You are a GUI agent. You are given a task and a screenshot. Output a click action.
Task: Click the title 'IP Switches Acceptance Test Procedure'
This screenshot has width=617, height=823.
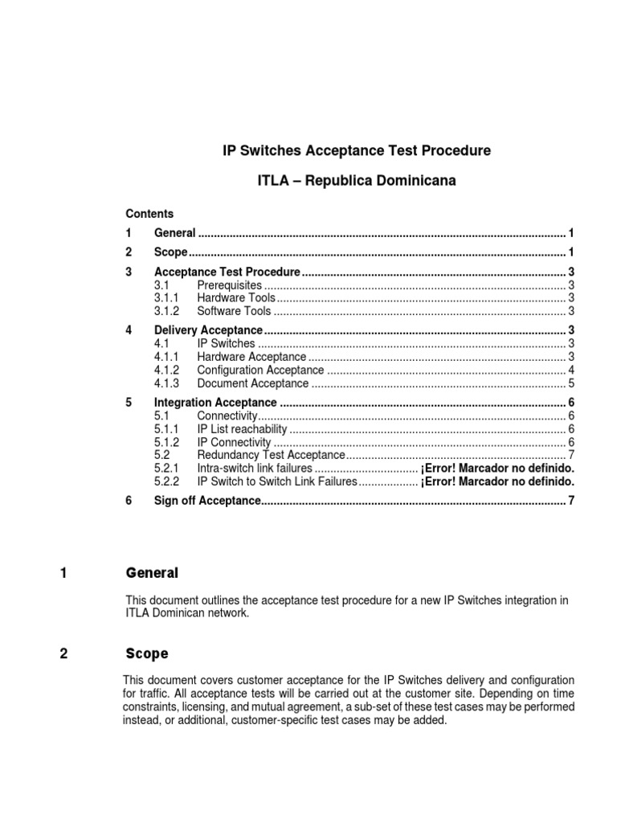(x=356, y=150)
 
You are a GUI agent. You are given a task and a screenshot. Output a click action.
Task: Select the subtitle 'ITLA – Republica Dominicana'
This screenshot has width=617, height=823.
(x=356, y=181)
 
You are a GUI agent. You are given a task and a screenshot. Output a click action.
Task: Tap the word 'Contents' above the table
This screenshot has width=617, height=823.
(x=149, y=214)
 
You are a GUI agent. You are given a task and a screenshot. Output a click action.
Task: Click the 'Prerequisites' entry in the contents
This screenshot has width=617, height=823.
(x=230, y=285)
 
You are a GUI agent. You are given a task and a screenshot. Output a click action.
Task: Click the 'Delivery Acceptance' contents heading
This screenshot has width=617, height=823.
(x=208, y=330)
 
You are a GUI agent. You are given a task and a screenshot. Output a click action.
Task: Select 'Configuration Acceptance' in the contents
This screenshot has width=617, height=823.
(x=260, y=370)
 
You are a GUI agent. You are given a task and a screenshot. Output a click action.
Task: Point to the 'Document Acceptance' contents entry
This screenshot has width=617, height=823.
(x=253, y=383)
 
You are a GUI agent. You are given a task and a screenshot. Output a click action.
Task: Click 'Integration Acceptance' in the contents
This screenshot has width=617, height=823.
(x=215, y=403)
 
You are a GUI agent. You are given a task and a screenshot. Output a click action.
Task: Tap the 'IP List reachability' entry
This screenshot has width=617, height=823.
(x=242, y=429)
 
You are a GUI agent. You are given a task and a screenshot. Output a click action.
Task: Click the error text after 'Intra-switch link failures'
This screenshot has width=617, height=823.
(x=496, y=469)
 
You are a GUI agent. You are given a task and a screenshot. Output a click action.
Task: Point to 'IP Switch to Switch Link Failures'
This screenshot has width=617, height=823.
(x=276, y=481)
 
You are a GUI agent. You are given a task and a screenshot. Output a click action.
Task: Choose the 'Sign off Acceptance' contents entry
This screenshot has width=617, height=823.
(x=207, y=502)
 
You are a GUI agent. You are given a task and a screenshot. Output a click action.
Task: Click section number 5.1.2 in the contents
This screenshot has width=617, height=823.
(x=166, y=442)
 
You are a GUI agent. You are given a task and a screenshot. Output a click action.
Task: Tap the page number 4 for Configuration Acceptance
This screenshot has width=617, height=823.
(x=570, y=370)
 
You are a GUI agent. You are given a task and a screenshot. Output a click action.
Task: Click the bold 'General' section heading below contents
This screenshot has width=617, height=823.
(x=152, y=573)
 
